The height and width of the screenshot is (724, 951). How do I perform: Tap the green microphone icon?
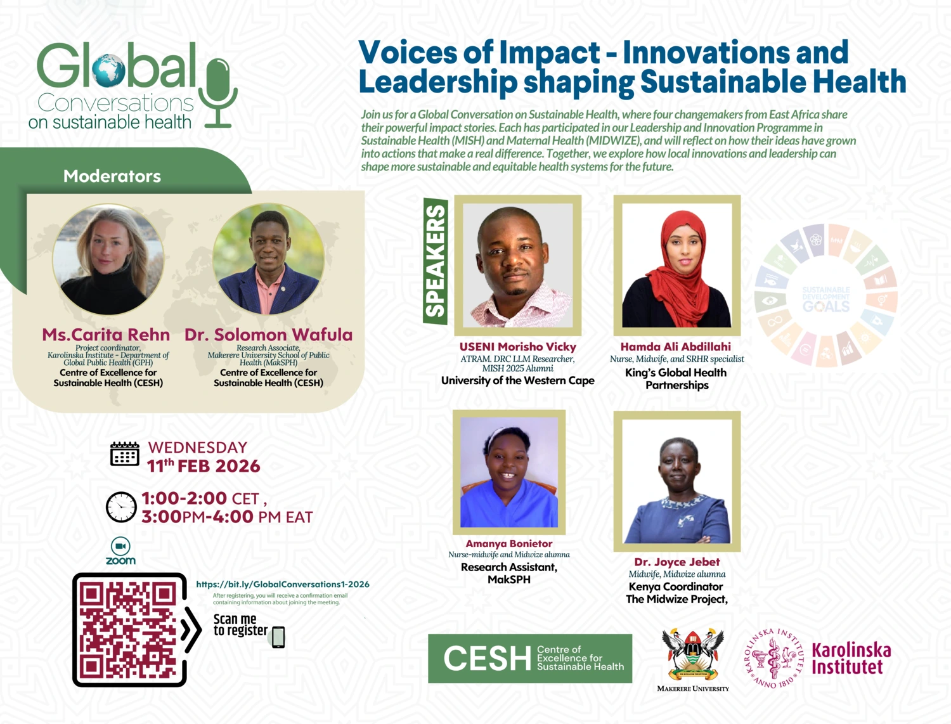point(218,92)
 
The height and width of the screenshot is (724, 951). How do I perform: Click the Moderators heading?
point(112,176)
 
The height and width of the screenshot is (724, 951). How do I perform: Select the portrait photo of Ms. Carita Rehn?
point(108,259)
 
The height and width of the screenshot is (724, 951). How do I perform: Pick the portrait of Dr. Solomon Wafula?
point(268,259)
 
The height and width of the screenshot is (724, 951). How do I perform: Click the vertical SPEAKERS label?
point(436,261)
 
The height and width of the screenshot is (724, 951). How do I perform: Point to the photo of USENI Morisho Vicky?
point(517,265)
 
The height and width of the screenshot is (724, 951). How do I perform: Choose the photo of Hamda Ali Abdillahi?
point(676,265)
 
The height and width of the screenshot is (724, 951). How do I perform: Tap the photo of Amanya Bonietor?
point(509,472)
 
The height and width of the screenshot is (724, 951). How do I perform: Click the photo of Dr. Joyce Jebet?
point(676,481)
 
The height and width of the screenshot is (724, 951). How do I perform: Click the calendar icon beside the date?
point(124,454)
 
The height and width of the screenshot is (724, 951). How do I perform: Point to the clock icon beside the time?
point(121,507)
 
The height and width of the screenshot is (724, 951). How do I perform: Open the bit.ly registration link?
point(283,585)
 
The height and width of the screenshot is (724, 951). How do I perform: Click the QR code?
point(129,630)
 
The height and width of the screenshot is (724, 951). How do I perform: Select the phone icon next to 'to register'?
point(278,637)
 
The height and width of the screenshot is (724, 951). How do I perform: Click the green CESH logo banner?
point(530,658)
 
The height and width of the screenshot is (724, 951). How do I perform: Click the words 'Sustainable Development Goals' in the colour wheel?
point(825,299)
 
